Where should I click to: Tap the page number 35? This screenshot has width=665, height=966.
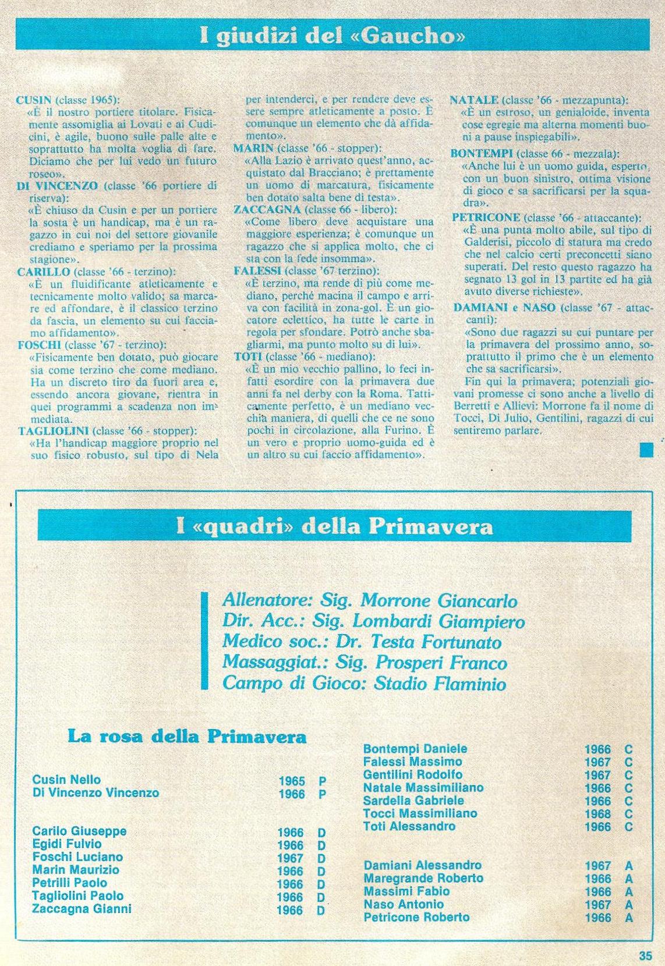[645, 956]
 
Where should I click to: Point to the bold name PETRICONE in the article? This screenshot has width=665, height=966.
[486, 218]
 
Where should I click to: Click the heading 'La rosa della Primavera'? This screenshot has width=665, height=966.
[187, 737]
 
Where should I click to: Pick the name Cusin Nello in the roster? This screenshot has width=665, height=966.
[66, 780]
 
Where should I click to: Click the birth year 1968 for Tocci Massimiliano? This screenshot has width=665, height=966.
[597, 813]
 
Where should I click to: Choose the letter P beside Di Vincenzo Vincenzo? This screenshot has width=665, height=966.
[321, 794]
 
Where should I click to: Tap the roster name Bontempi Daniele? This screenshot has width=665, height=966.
[415, 749]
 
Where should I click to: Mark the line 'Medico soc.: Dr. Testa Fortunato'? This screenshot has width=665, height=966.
[362, 642]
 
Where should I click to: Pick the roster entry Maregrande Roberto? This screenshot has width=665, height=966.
[423, 878]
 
